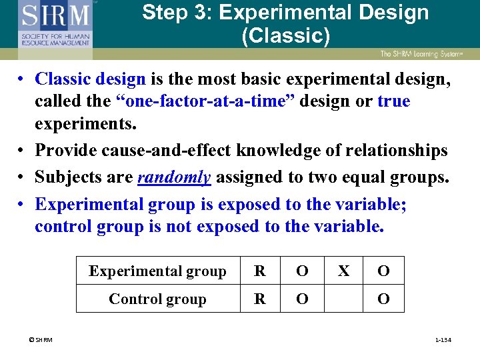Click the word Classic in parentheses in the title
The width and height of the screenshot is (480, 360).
(x=285, y=35)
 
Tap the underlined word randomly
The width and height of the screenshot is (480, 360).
(x=174, y=177)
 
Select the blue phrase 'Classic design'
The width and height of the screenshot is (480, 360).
(x=90, y=79)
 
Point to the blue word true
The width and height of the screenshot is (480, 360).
(x=393, y=101)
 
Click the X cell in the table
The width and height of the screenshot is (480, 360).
(x=343, y=271)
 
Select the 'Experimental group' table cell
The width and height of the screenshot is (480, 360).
(x=157, y=271)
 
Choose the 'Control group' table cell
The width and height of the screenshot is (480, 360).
(x=157, y=299)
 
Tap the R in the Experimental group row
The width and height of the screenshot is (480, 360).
(x=260, y=271)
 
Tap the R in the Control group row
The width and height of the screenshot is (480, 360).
(x=260, y=299)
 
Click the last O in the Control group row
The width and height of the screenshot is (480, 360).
(x=383, y=299)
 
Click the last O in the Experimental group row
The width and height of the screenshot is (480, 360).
(x=383, y=271)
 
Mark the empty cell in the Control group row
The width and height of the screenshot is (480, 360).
(x=343, y=299)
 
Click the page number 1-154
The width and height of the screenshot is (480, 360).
(x=443, y=341)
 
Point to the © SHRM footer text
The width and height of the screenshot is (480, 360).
(x=41, y=341)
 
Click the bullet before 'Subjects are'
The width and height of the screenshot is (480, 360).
(x=22, y=177)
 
